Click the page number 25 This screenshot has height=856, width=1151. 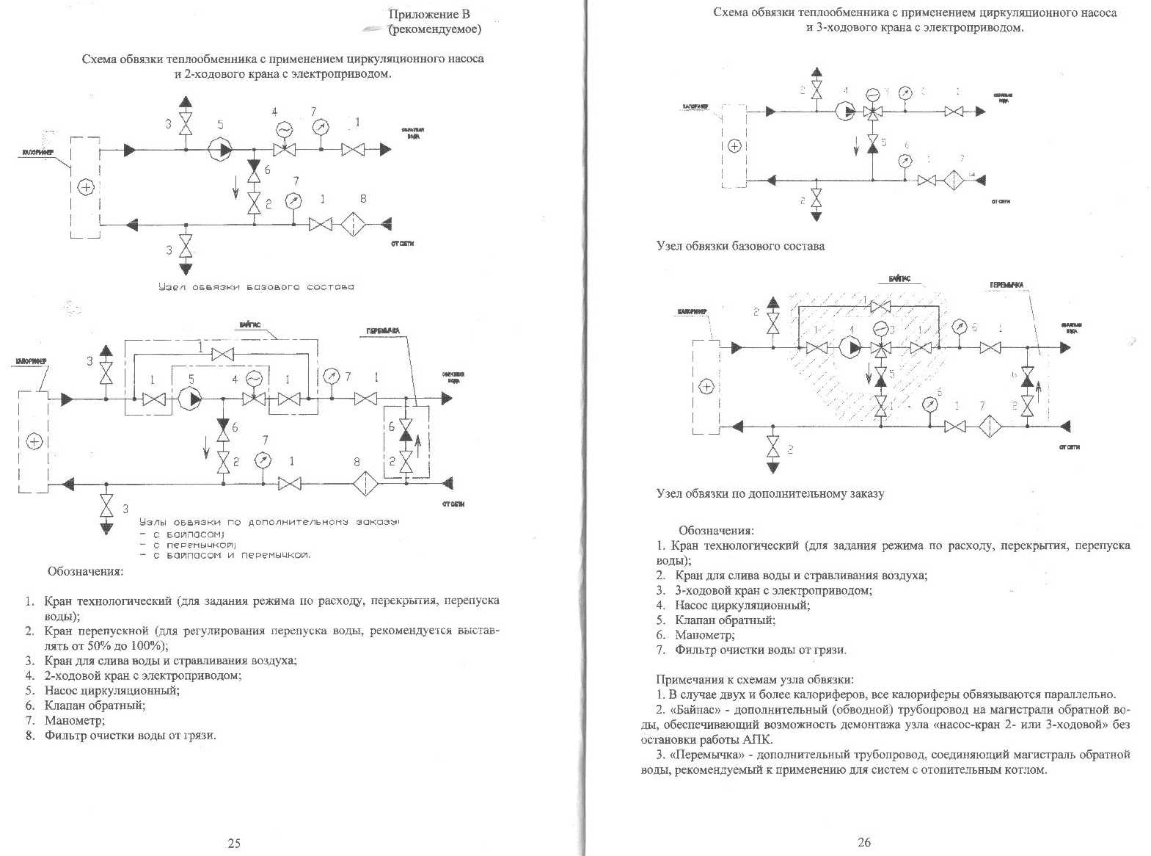pyautogui.click(x=234, y=843)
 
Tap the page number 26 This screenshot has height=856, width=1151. pyautogui.click(x=864, y=842)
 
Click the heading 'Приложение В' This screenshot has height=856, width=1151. pyautogui.click(x=428, y=14)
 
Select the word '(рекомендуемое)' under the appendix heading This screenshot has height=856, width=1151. pyautogui.click(x=435, y=29)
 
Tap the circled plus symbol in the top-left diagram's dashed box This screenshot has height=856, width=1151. pyautogui.click(x=86, y=186)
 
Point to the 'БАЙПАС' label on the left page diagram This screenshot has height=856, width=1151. pyautogui.click(x=250, y=324)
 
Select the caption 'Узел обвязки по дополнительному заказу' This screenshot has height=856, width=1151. pyautogui.click(x=770, y=493)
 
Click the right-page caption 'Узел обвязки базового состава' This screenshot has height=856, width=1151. pyautogui.click(x=739, y=246)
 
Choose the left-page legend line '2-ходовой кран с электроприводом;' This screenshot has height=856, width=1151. pyautogui.click(x=143, y=675)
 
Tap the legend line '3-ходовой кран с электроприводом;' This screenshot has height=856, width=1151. pyautogui.click(x=774, y=590)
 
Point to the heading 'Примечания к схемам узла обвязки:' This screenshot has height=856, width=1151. pyautogui.click(x=754, y=680)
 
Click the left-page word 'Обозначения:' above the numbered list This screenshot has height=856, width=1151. pyautogui.click(x=85, y=570)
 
